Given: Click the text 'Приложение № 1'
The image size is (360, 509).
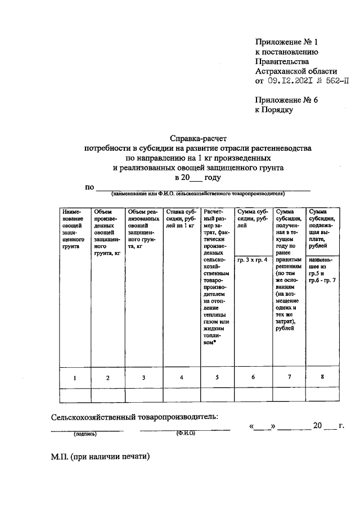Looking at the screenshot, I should [286, 42].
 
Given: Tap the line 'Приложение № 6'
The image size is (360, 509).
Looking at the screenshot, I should [286, 101].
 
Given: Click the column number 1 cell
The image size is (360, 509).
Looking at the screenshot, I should [74, 377].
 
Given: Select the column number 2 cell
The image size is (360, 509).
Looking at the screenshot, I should [107, 377].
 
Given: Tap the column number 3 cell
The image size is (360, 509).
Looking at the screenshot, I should [144, 377].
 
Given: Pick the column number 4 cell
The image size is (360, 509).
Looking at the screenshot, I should [181, 377].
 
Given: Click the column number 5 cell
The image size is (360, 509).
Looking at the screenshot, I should [217, 377].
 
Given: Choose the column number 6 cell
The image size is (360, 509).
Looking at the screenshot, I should [253, 377].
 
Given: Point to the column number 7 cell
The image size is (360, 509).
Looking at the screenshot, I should [289, 377].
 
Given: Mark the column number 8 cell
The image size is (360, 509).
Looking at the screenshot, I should [322, 377].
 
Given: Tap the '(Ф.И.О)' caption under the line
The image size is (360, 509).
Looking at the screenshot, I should [185, 434].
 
